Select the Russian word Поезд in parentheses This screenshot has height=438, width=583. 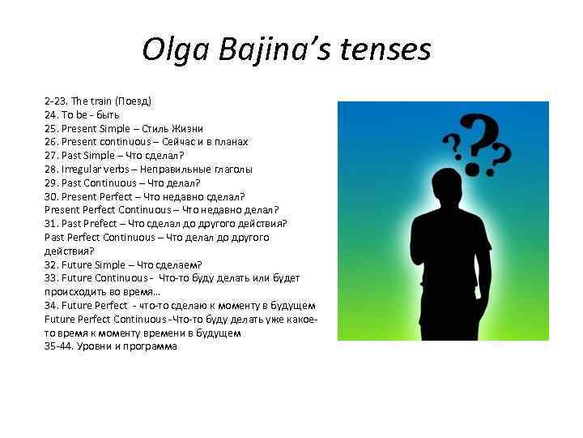[133, 101]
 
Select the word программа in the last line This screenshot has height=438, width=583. [151, 346]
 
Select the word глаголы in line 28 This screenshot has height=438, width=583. [232, 170]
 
